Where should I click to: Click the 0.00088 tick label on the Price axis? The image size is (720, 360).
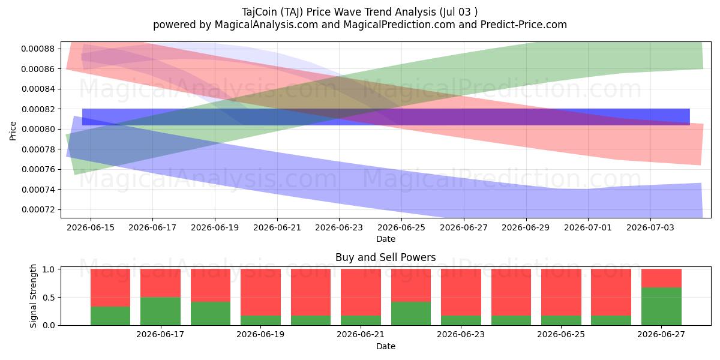tap(38, 49)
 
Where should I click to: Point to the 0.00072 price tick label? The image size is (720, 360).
tap(38, 209)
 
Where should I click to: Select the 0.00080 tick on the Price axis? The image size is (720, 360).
tap(38, 129)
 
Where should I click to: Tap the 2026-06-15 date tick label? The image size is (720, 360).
tap(91, 227)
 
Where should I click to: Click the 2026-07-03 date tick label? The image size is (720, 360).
tap(650, 227)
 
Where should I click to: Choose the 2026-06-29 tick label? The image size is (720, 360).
tap(526, 227)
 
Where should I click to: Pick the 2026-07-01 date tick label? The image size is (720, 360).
tap(588, 227)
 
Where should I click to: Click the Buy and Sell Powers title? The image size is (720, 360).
tap(385, 257)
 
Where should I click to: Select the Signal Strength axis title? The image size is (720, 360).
tap(33, 296)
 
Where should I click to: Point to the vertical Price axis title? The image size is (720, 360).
tap(13, 131)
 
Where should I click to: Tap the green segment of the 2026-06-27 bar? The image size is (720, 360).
tap(661, 307)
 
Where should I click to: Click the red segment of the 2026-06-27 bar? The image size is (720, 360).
tap(661, 278)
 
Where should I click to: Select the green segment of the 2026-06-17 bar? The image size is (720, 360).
tap(160, 311)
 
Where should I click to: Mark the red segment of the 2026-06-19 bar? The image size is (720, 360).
tap(260, 293)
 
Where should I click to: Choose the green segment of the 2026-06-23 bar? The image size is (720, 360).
tap(461, 320)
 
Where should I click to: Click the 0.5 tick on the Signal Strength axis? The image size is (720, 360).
tap(48, 298)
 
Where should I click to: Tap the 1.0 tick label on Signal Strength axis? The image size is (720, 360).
tap(48, 269)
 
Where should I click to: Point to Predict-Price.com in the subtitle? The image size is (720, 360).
tap(524, 25)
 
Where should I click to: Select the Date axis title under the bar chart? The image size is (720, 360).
tap(386, 347)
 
